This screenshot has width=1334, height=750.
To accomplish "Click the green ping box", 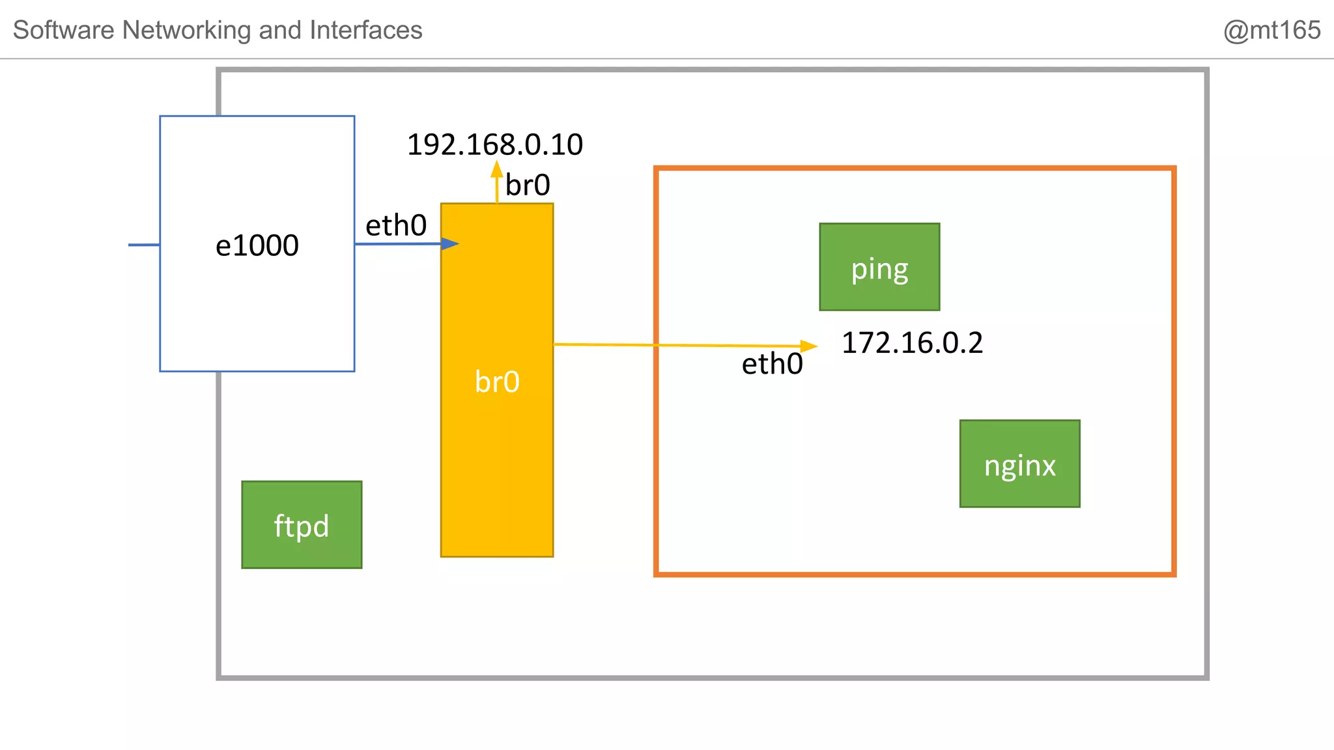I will point(879,267).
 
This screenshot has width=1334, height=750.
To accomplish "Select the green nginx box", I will point(1019,464).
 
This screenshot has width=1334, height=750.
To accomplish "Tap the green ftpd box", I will point(302,525).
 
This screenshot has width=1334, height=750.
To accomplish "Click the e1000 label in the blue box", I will point(257,245).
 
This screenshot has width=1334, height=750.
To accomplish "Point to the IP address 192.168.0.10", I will point(494,145).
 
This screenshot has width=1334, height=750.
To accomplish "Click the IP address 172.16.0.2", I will point(912,343).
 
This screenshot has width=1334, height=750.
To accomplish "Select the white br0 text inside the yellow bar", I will point(497,382).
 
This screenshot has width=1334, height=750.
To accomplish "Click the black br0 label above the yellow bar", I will point(528,186).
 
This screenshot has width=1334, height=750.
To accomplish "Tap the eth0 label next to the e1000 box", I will point(396,226).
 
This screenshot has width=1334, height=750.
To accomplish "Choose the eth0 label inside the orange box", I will point(772,364).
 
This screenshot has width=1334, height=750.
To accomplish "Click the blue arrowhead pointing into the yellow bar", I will point(450,244).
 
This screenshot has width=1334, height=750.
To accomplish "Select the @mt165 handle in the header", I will point(1271,30).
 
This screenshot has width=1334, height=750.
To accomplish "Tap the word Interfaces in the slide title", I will point(365,30).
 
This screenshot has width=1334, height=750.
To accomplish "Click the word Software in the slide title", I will point(64,30).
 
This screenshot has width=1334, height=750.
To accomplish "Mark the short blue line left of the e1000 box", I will point(144,245).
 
